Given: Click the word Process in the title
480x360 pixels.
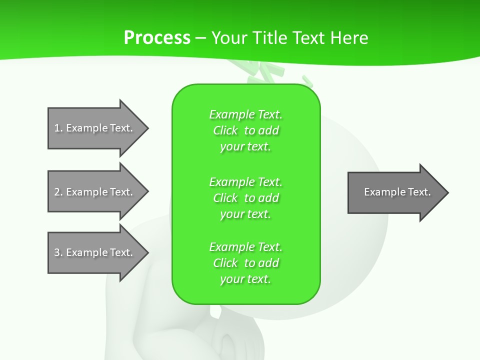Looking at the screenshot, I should point(157,38).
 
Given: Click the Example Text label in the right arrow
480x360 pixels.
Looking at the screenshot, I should point(397,192).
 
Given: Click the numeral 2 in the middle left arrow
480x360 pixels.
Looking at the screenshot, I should point(57,192).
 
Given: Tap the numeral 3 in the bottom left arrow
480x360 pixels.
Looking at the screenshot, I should point(57,252).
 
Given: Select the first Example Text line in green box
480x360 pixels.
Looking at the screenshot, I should point(245,114).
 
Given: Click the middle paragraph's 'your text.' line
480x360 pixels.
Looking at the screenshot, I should point(245,214).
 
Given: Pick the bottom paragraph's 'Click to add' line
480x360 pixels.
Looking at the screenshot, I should point(245,263).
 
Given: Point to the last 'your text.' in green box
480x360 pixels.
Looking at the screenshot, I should point(245,279).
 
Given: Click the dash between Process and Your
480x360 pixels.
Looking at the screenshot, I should point(200,38).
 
